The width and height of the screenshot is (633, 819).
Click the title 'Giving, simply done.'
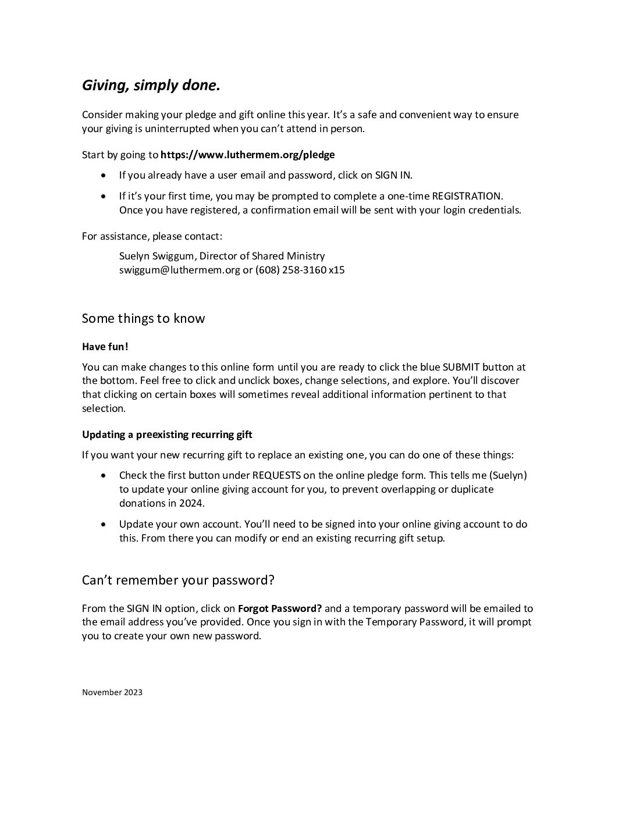[x=151, y=86]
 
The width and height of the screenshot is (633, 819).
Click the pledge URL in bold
[x=247, y=155]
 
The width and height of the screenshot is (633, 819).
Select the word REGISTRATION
[x=466, y=196]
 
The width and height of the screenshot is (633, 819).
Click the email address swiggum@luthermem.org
[x=179, y=270]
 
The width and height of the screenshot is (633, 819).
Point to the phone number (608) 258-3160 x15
[x=300, y=270]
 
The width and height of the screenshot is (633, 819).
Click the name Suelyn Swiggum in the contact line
[x=156, y=256]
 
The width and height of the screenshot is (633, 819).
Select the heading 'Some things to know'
[x=143, y=318]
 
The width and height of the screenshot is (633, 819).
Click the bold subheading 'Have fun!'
[x=105, y=347]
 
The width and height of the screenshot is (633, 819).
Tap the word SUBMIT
[x=461, y=367]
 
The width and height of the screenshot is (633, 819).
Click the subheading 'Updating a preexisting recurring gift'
[x=167, y=435]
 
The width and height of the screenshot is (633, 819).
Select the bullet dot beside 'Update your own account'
[x=104, y=524]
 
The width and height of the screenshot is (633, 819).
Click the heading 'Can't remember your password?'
[x=177, y=580]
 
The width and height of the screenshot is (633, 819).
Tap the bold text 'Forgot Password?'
[x=280, y=609]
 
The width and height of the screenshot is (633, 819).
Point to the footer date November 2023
[x=112, y=692]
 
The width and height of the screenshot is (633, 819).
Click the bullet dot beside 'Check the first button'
[x=104, y=475]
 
